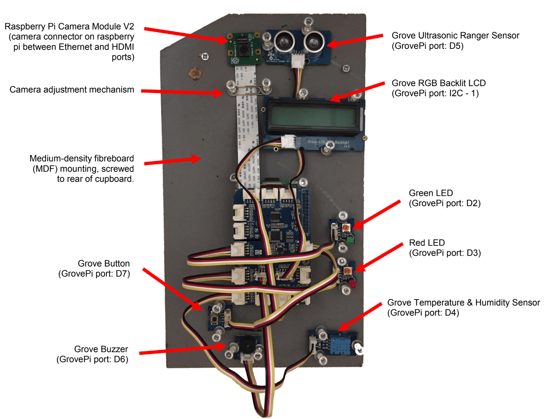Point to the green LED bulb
point(350,240)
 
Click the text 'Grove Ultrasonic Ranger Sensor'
point(455,36)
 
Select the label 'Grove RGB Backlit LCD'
point(439,83)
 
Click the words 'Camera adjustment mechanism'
point(72,90)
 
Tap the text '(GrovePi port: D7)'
point(94,274)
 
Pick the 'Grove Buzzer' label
point(101,349)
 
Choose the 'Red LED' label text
point(427,243)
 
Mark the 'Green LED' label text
point(430,193)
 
